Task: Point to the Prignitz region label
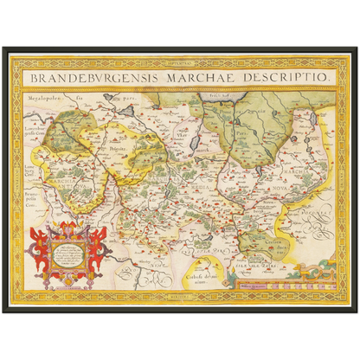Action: [119, 149]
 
